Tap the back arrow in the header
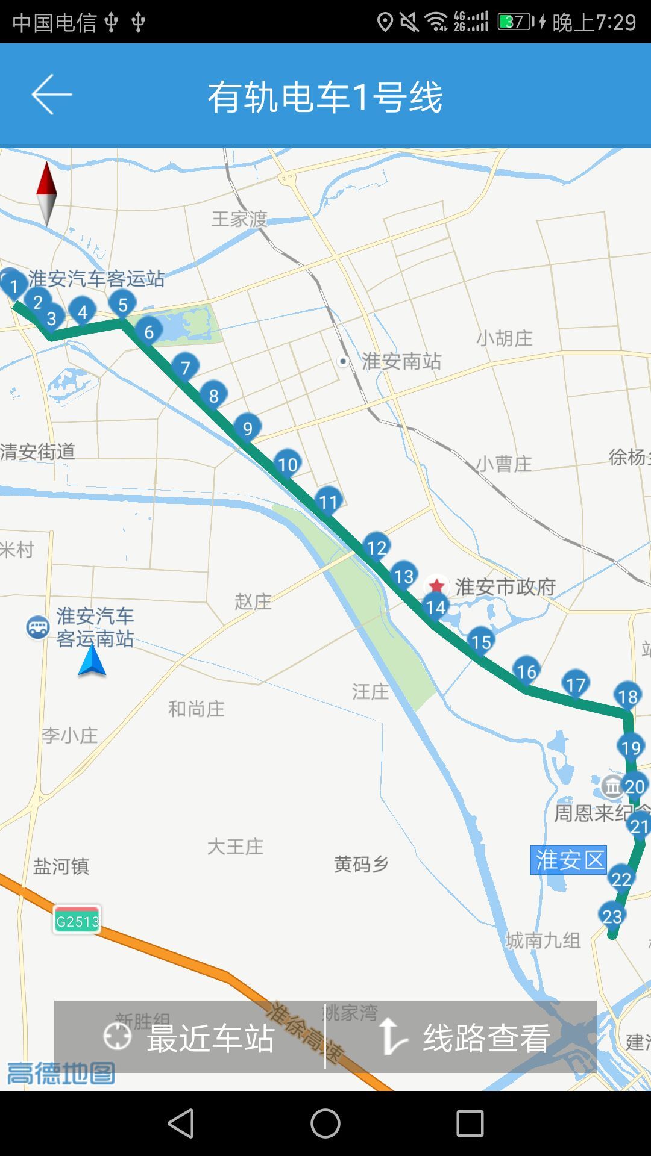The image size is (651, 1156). [x=52, y=95]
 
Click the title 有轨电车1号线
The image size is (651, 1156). [x=325, y=96]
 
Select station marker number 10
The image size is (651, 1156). [x=288, y=464]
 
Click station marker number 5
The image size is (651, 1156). [x=122, y=304]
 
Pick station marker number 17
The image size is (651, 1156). [x=575, y=684]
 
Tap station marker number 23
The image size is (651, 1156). [x=612, y=916]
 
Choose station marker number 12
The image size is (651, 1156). [x=377, y=547]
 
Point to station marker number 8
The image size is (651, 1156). [x=213, y=396]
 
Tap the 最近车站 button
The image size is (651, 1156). [x=189, y=1037]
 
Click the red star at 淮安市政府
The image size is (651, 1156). [x=436, y=585]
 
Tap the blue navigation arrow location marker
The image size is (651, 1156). [x=92, y=661]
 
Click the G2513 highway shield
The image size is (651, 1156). [x=77, y=921]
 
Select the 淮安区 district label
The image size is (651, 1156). [x=568, y=860]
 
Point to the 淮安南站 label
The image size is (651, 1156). [x=401, y=361]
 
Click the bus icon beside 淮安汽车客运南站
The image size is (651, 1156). [x=38, y=628]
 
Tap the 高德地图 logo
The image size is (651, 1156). [x=61, y=1072]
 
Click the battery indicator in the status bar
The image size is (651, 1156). [x=515, y=22]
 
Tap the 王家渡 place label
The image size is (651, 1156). [x=239, y=219]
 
